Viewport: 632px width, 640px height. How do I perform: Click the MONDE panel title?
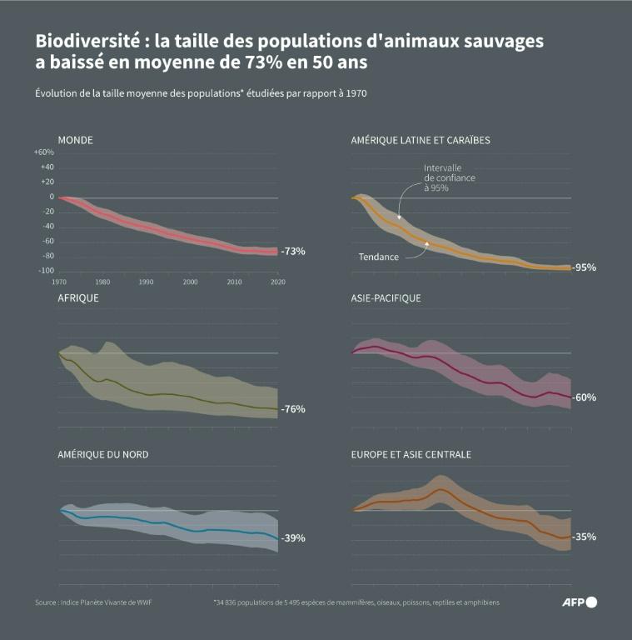[75, 140]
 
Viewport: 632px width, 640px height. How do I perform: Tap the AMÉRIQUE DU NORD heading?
[102, 454]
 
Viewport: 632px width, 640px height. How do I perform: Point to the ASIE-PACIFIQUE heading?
[386, 297]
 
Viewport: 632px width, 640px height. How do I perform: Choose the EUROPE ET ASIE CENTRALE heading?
[411, 454]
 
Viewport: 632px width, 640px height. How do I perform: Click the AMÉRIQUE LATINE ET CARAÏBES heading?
[421, 140]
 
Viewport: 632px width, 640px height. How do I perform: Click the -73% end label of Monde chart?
[293, 251]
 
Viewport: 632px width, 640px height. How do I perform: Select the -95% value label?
[585, 267]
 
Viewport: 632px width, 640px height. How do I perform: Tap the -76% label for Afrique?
[293, 409]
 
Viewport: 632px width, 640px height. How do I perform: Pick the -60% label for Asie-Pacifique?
[585, 397]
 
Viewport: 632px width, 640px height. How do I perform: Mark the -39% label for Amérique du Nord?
[293, 537]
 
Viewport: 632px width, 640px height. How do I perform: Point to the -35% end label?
[585, 537]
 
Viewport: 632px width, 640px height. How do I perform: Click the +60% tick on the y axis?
[44, 152]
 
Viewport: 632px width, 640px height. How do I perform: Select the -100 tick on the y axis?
[46, 271]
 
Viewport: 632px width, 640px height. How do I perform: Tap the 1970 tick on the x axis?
[60, 282]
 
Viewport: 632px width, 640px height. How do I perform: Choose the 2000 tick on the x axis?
[190, 282]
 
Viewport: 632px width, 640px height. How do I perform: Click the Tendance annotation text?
[379, 257]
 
